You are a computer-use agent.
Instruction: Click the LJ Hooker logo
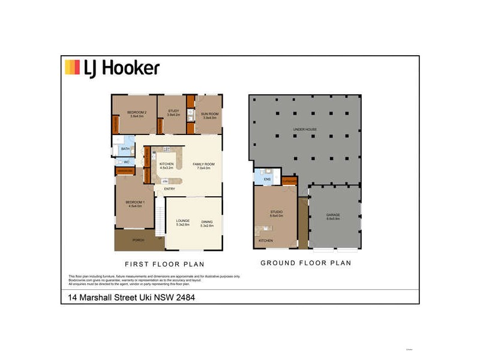pyautogui.click(x=112, y=68)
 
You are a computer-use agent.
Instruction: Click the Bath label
pyautogui.click(x=125, y=149)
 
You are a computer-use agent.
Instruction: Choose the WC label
pyautogui.click(x=127, y=162)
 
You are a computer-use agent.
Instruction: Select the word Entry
pyautogui.click(x=170, y=190)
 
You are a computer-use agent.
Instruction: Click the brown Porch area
pyautogui.click(x=138, y=241)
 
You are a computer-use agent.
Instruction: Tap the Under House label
pyautogui.click(x=305, y=130)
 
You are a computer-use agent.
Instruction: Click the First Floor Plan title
pyautogui.click(x=164, y=263)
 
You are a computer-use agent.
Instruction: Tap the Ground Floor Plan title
pyautogui.click(x=306, y=263)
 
